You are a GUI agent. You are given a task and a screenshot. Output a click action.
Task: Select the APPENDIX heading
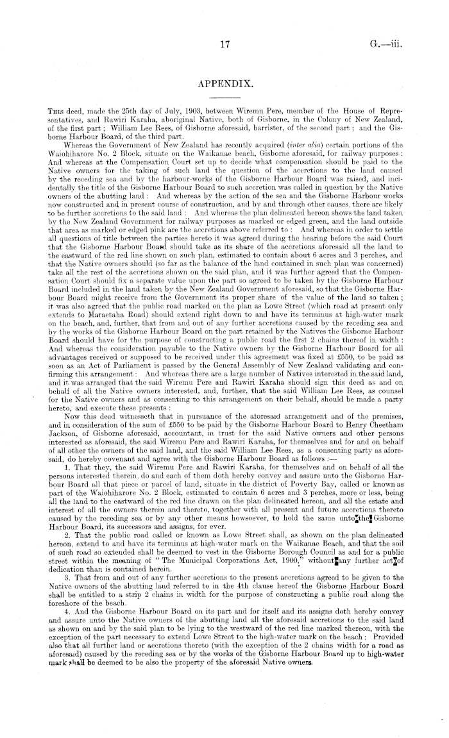[224, 84]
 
